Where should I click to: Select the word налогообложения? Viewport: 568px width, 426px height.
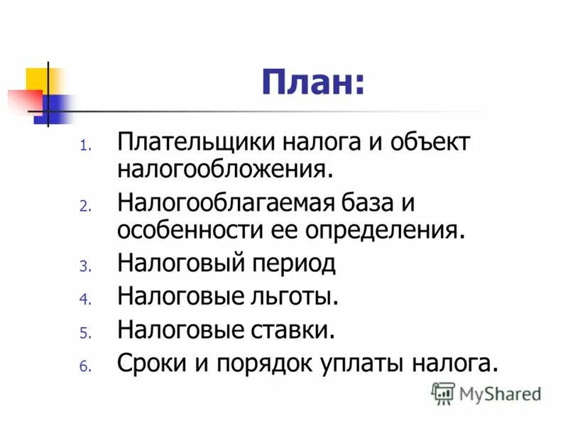(225, 169)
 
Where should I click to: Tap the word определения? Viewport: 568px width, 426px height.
(390, 231)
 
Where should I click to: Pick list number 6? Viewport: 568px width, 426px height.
(82, 367)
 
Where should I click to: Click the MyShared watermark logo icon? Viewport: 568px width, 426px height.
(443, 393)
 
